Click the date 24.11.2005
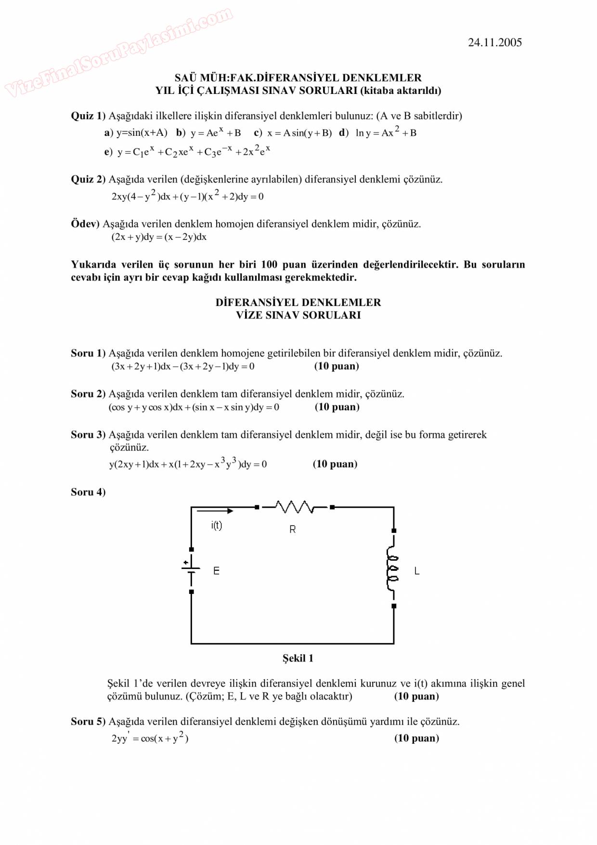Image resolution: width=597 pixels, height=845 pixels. pos(494,42)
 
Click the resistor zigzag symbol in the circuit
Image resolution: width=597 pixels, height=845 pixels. pos(294,507)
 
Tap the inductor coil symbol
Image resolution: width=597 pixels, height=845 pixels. pos(393,568)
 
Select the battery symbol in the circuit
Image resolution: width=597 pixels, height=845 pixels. pos(191,569)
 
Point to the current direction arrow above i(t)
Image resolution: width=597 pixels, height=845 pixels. pos(215,511)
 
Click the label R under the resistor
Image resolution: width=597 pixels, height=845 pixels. pos(292,529)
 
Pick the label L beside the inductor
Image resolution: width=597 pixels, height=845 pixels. pos(416,571)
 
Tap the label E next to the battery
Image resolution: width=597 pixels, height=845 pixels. pos(216,571)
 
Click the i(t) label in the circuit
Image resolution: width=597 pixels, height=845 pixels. pos(217,525)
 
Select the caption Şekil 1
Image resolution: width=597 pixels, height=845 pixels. pos(298,658)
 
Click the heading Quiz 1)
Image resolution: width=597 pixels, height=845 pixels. pos(88,116)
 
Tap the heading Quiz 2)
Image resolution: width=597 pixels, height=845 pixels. pos(88,179)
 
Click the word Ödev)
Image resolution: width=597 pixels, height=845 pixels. pos(85,224)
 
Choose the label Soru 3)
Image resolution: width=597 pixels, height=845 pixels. pos(88,435)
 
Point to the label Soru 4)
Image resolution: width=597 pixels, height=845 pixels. pos(88,492)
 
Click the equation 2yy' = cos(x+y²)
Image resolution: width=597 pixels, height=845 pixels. pos(150,738)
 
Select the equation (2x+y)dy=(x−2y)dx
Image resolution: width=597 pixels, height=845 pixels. pos(159,237)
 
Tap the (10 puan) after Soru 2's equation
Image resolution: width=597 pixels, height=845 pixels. pos(337,407)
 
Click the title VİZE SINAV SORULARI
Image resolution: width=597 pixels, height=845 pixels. pos(298,315)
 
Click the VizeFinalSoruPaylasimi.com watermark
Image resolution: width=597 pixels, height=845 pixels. pos(118,52)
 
